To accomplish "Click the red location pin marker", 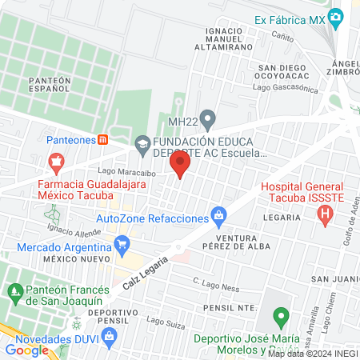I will click(179, 166).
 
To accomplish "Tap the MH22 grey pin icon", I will click(208, 122).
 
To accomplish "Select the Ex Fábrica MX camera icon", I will click(337, 16).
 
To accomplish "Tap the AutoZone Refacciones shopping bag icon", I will click(218, 215).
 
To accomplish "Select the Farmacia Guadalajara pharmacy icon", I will click(56, 163).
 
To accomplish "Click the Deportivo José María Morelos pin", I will click(280, 318).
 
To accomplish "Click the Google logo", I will click(27, 350).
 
